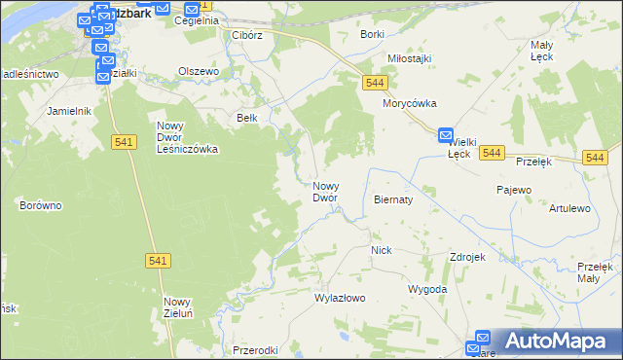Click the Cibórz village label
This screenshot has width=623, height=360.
[247, 35]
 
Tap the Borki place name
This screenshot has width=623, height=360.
[372, 34]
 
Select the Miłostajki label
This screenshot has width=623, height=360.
[409, 58]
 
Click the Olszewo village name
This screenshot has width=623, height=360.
[199, 71]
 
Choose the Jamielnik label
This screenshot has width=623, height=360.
[68, 111]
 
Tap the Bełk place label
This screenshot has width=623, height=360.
[247, 117]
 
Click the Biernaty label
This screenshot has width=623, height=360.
[393, 198]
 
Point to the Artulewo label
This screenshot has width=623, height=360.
[569, 208]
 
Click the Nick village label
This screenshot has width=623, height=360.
[381, 250]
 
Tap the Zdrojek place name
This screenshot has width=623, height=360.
[467, 257]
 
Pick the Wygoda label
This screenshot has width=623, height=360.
[427, 290]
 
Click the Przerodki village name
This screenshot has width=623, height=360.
[256, 350]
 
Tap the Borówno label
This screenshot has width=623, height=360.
[41, 205]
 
